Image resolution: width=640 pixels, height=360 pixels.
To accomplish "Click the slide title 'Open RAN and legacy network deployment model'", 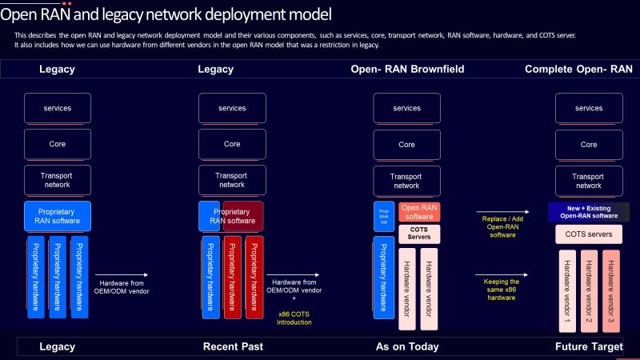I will point(166,14).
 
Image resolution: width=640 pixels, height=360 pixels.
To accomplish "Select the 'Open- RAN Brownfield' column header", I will point(406,70).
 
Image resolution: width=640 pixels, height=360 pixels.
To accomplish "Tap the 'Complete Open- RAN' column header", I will point(578,70).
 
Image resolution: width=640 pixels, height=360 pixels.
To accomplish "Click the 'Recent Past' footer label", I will point(232,346).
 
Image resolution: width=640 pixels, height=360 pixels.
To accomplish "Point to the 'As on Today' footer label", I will point(406,346).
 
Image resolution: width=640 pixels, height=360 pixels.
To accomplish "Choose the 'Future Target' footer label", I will point(589,346).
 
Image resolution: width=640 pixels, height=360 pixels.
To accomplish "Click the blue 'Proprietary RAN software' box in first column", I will point(58,216).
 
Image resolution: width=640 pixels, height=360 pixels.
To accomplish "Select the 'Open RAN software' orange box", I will point(419,211).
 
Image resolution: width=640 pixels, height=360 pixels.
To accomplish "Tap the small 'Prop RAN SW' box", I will point(383,215).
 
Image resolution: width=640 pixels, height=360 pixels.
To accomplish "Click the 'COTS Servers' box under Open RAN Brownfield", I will point(419,233).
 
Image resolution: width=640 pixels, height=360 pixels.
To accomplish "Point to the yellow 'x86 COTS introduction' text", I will point(294,318).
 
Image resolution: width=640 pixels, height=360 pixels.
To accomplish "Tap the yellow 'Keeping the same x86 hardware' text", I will point(502,290).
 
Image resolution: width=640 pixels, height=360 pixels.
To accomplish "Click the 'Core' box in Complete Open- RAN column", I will point(589,145).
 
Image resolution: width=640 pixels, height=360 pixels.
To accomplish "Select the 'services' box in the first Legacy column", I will point(58,108).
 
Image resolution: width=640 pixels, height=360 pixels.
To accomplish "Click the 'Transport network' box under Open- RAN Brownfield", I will point(406,181).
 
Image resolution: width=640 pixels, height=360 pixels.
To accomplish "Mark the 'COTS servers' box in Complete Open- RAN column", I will point(589,235).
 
